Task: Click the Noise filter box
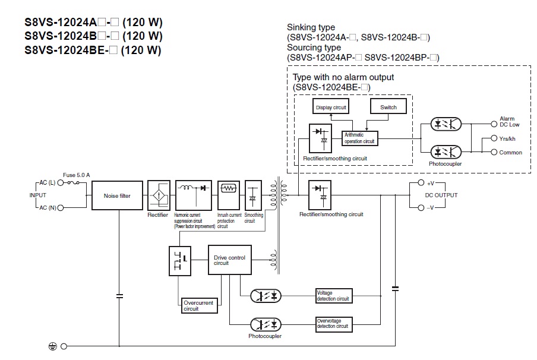(x=118, y=195)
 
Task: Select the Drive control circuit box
(x=229, y=260)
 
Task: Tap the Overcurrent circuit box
(x=198, y=305)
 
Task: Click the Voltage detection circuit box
(x=333, y=295)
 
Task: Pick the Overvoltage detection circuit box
(x=333, y=324)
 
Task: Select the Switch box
(x=388, y=107)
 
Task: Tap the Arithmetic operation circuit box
(x=360, y=138)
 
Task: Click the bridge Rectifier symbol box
(x=158, y=195)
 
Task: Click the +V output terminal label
(x=432, y=183)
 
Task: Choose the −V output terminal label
(x=432, y=207)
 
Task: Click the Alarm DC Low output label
(x=509, y=122)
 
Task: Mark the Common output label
(x=510, y=153)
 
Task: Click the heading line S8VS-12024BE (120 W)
(x=93, y=50)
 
